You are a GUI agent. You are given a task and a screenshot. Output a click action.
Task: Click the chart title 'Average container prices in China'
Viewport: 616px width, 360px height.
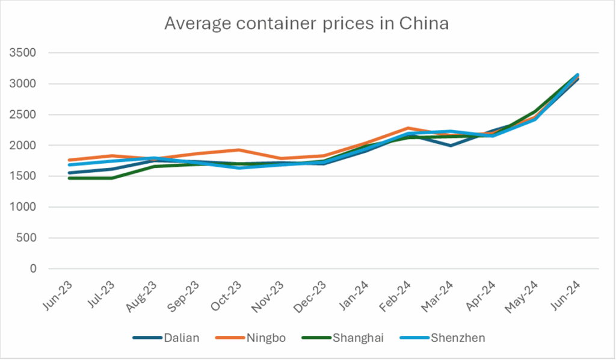pyautogui.click(x=307, y=25)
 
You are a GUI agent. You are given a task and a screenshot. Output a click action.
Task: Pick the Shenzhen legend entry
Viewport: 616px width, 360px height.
pyautogui.click(x=458, y=338)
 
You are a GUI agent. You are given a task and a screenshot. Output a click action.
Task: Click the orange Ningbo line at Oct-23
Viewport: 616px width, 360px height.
pyautogui.click(x=239, y=150)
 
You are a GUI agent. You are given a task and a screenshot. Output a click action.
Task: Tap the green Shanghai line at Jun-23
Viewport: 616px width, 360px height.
pyautogui.click(x=69, y=178)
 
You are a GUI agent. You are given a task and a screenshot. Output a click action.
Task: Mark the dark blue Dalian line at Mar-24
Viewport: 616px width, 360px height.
pyautogui.click(x=451, y=146)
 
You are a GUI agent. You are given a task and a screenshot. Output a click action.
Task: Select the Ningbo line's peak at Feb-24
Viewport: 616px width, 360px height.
pyautogui.click(x=408, y=128)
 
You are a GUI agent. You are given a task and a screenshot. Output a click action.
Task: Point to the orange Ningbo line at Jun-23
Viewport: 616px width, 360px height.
pyautogui.click(x=69, y=160)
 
